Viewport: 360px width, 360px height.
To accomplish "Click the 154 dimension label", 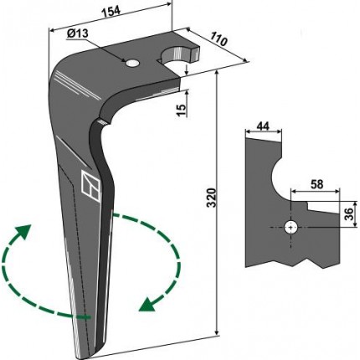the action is [111, 13].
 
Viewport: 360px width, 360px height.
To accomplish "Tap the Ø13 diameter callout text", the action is [77, 33].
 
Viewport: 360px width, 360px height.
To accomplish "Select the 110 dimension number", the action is [219, 39].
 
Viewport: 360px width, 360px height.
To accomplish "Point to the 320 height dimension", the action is [213, 198].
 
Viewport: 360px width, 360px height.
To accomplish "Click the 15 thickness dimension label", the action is [182, 111].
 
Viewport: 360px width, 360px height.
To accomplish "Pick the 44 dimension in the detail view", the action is [263, 126].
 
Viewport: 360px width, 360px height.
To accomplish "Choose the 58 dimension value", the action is [316, 184].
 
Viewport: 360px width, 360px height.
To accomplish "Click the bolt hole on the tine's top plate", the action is [132, 64].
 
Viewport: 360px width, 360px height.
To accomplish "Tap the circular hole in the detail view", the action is [291, 228].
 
